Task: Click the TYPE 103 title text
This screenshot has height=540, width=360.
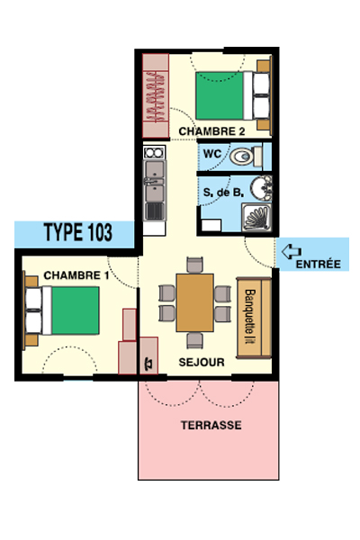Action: (78, 232)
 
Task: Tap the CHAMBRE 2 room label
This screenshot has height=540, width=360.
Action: (211, 131)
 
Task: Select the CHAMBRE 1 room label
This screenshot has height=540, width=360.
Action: (76, 275)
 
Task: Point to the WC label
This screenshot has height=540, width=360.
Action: (212, 153)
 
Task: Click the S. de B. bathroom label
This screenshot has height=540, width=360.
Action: (223, 193)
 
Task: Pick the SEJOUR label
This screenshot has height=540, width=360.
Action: (202, 362)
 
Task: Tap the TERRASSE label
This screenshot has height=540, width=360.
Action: (211, 425)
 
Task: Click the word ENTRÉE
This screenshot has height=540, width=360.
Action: (319, 264)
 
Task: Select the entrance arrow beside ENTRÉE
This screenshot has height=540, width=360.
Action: (292, 251)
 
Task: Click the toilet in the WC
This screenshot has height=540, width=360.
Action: (246, 157)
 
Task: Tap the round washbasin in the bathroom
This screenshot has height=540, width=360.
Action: (261, 188)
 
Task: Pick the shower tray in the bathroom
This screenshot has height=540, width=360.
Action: (256, 218)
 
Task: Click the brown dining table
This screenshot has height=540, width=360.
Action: (194, 302)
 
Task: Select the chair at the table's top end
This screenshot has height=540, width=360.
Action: (194, 265)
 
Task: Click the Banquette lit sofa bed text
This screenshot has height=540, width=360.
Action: (250, 316)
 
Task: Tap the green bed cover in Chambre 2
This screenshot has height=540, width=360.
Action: (220, 95)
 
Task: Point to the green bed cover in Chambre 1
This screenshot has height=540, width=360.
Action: (76, 310)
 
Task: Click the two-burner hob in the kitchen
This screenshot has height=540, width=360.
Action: (154, 152)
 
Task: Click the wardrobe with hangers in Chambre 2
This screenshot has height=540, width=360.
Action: (156, 95)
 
